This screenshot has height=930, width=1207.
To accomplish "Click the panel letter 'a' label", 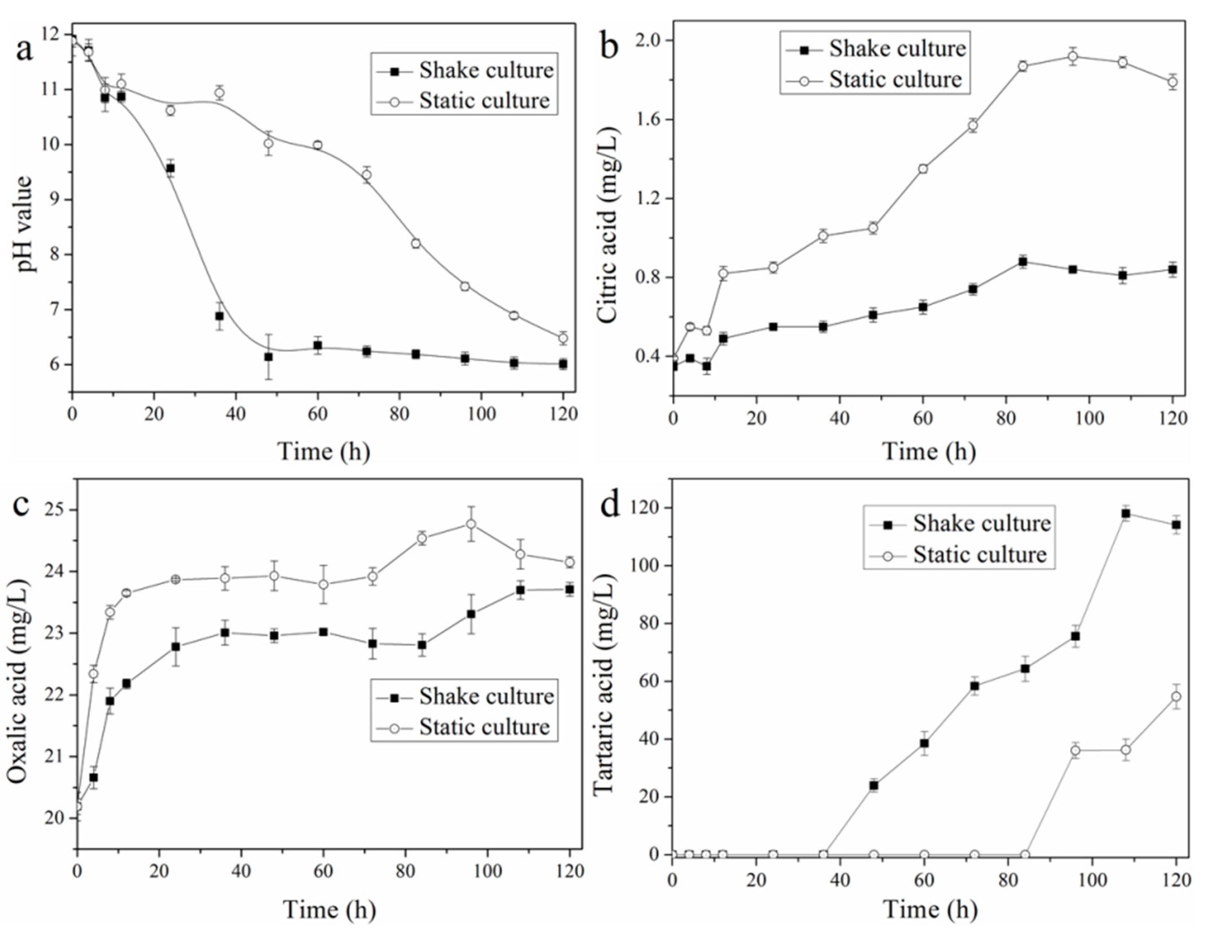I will (25, 50).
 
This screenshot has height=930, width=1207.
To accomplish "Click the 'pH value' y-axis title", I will (25, 224).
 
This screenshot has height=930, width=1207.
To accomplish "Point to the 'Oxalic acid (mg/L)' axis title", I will (18, 682).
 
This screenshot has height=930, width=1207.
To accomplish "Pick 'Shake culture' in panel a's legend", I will (486, 70).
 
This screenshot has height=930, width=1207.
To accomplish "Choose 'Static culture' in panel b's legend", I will (895, 80).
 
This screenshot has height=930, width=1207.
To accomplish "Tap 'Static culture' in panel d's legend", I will (979, 554).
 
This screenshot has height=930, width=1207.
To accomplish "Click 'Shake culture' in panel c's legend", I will (486, 696).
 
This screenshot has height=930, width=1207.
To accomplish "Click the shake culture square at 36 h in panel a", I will (219, 316).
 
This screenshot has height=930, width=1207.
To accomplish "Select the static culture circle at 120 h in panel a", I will (563, 337).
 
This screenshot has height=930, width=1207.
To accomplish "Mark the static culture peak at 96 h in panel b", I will (1073, 56).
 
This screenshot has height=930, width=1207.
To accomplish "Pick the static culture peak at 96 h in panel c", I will (471, 523).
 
